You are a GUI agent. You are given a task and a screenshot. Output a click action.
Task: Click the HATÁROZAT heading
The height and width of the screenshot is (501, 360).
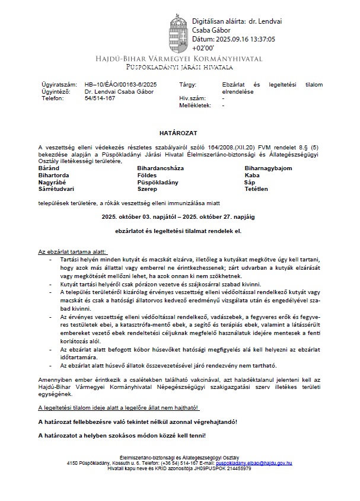point(179,127)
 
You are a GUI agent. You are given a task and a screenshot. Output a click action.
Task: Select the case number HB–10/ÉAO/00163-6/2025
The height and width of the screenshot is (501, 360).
point(121,85)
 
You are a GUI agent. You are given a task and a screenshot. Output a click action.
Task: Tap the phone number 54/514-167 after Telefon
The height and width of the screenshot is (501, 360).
point(100,98)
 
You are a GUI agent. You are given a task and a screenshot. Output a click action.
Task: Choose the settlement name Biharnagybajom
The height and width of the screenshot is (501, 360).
point(268,168)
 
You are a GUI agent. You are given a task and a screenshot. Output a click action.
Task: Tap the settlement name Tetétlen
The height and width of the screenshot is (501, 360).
point(256,189)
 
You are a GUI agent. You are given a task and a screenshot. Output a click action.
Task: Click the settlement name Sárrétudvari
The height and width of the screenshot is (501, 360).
point(57,189)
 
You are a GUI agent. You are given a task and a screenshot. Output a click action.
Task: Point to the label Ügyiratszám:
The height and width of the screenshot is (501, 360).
point(57,85)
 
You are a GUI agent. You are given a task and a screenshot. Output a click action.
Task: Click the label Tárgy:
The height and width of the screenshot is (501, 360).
point(187,85)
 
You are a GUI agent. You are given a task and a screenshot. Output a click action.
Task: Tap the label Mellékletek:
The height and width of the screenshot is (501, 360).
point(195,105)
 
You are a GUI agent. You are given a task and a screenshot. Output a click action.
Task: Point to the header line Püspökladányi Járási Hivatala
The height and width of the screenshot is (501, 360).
point(180,68)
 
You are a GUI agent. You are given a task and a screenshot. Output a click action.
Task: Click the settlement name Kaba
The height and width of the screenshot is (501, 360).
point(252,175)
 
